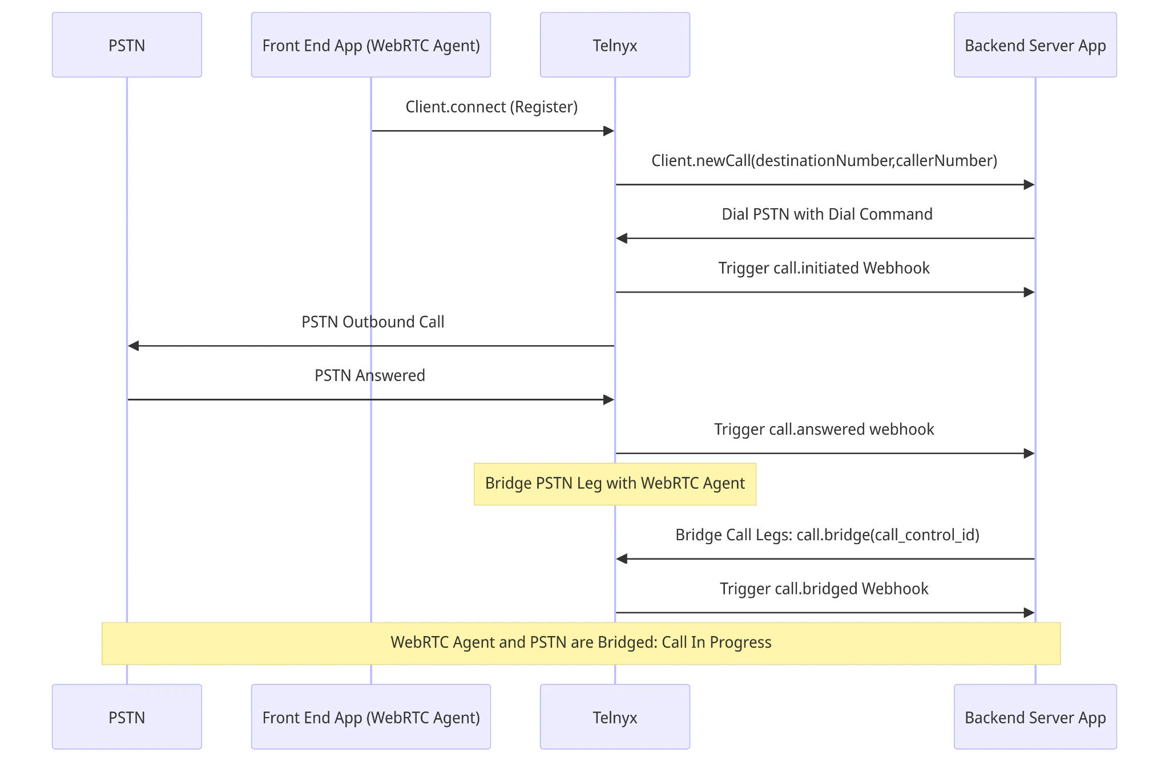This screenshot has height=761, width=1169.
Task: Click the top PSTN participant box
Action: pyautogui.click(x=127, y=45)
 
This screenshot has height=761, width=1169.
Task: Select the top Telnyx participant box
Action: pyautogui.click(x=615, y=45)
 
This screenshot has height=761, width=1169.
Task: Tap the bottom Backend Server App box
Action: pyautogui.click(x=1035, y=717)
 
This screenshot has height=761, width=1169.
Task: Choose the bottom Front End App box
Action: pyautogui.click(x=371, y=717)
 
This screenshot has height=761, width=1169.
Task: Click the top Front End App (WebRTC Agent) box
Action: pyautogui.click(x=371, y=45)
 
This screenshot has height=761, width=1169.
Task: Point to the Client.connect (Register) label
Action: pyautogui.click(x=491, y=107)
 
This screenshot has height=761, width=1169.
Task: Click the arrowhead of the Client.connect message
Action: pyautogui.click(x=608, y=131)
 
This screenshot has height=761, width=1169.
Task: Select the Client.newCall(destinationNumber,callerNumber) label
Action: pyautogui.click(x=824, y=160)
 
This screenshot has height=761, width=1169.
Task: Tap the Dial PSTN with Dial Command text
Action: pyautogui.click(x=827, y=214)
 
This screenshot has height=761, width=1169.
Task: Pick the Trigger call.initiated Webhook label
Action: pyautogui.click(x=824, y=268)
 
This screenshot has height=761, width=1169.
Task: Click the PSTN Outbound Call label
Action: pyautogui.click(x=373, y=322)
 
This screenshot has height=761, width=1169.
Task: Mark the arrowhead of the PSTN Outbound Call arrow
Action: pyautogui.click(x=134, y=346)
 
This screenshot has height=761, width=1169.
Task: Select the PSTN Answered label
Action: pyautogui.click(x=370, y=375)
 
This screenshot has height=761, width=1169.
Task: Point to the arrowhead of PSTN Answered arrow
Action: pyautogui.click(x=608, y=400)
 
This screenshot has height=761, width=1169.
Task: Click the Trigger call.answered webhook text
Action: pyautogui.click(x=824, y=429)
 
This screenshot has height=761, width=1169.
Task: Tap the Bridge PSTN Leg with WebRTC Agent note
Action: pyautogui.click(x=615, y=484)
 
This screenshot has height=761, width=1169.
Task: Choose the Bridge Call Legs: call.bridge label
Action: pyautogui.click(x=827, y=535)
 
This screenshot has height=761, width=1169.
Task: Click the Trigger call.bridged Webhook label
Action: pyautogui.click(x=824, y=588)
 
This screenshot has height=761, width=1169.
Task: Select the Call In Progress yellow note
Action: pyautogui.click(x=581, y=643)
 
